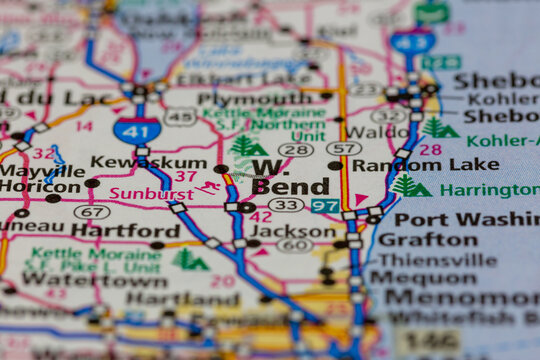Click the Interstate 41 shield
136,130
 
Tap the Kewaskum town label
135,162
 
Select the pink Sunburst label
151,193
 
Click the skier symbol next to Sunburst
208,188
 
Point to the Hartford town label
125,230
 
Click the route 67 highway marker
92,212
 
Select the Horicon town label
38,187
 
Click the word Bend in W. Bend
290,186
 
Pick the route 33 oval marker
286,205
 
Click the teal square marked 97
324,206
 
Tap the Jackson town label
292,229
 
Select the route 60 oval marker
294,245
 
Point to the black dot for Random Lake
335,165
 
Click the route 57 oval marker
343,149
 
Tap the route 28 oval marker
295,149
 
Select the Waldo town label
376,131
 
